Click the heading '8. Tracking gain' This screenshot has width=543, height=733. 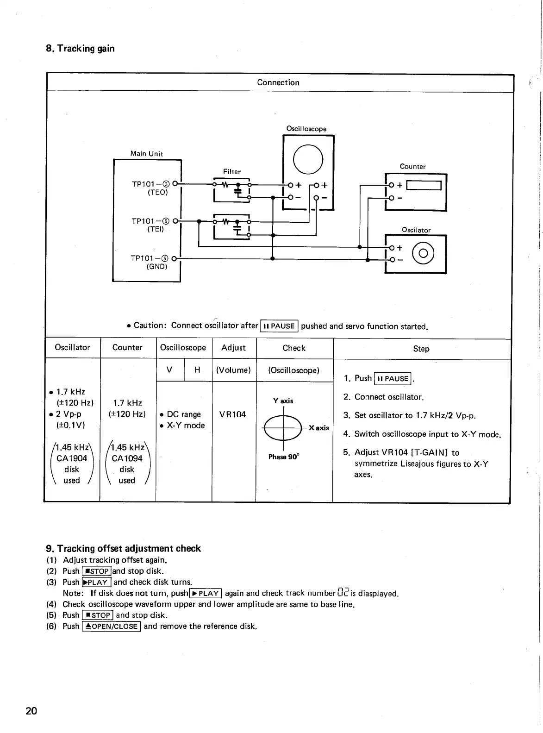80,49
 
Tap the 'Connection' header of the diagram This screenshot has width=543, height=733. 278,82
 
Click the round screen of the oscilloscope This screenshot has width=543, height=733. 308,158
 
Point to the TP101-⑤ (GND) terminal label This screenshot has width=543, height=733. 150,262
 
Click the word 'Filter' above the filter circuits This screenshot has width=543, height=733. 232,171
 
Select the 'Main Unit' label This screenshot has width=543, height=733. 147,154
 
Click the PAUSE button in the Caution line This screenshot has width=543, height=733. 280,326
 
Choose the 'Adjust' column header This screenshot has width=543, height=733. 233,348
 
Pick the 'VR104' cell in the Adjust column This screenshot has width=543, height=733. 232,414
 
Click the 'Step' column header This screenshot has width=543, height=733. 421,349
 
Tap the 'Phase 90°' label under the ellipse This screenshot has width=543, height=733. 284,457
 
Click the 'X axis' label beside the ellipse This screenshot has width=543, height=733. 318,428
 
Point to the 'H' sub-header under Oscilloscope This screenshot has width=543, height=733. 198,370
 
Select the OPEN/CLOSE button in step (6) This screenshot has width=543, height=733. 111,626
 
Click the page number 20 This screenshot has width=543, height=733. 31,711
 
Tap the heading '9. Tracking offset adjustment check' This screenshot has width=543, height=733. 123,548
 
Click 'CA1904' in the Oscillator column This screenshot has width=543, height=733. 72,458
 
